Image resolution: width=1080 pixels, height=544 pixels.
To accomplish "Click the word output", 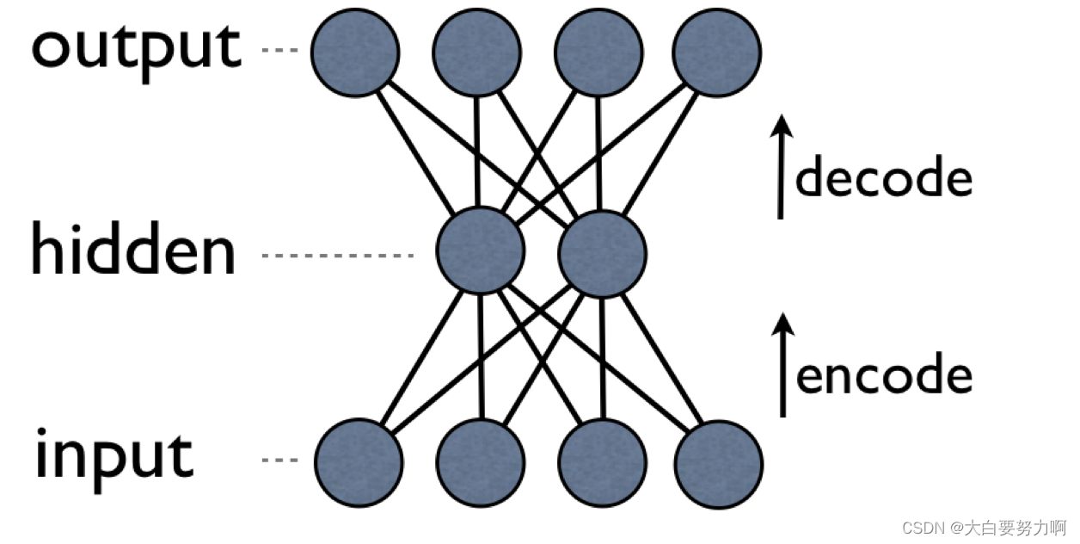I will pos(136,47).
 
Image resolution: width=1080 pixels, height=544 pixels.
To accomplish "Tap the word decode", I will pos(883,177).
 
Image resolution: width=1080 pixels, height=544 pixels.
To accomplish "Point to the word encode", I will pos(884,375).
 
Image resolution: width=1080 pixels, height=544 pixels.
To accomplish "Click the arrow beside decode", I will pos(781,168).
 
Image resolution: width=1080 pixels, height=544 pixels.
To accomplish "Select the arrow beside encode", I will pos(782,365).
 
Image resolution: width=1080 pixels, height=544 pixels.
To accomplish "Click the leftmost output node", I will pos(355,51).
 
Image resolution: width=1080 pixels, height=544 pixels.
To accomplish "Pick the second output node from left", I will pos(476,51).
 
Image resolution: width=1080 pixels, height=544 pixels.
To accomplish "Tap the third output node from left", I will pos(598,51).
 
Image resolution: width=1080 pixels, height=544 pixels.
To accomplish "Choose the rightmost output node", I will pos(717,51).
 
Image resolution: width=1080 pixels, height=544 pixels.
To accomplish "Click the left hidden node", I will pos(480,251).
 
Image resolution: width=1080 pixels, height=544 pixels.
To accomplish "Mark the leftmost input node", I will pos(359,462).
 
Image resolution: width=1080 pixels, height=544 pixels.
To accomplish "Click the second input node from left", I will pos(481,462).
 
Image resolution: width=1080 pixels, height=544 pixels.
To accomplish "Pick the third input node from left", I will pos(602,462).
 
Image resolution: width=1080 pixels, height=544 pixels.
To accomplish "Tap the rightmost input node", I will pos(719,462).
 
